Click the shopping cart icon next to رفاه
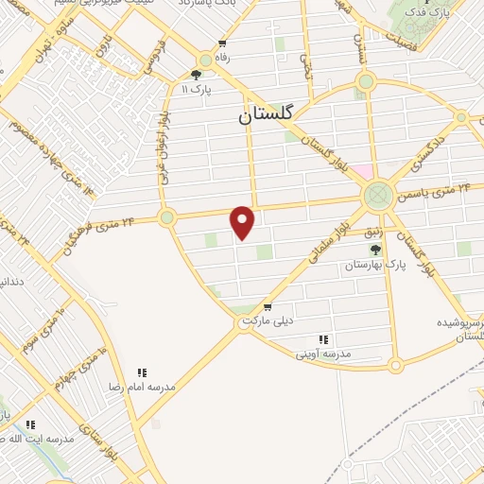pos(221,43)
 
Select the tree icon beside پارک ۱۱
pos(197,75)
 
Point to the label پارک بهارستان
pos(375,267)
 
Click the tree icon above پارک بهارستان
pos(375,251)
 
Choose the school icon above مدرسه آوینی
pos(323,339)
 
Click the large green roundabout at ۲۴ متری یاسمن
pos(377,196)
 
